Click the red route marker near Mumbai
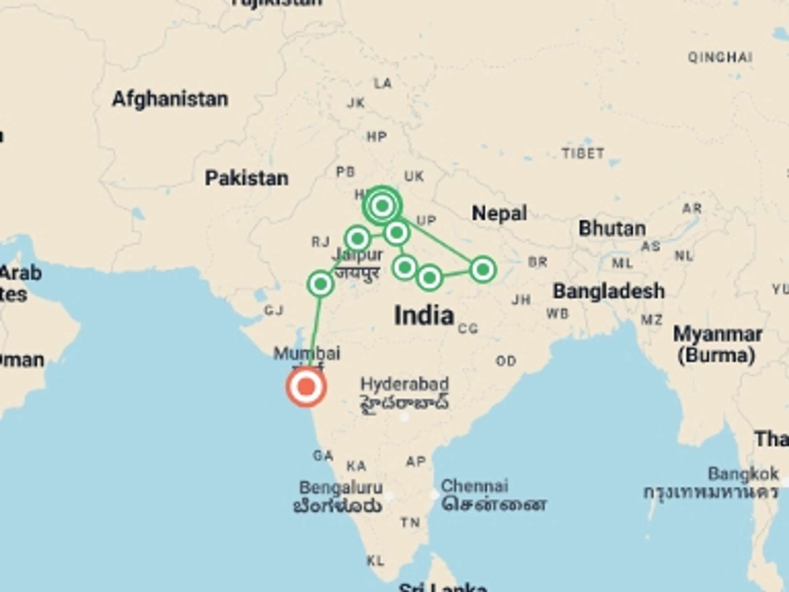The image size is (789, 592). (306, 387)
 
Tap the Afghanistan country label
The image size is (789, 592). (170, 99)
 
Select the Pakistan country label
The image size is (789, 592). (247, 178)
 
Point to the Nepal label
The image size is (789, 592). (499, 213)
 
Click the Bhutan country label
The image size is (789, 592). (612, 229)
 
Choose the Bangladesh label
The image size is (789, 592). (609, 291)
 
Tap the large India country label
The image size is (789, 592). (424, 315)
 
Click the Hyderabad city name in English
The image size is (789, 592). (404, 384)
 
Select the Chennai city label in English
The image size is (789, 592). (474, 486)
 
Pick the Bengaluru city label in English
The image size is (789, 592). (341, 488)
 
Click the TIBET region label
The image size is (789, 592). (583, 154)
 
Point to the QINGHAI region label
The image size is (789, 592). (720, 57)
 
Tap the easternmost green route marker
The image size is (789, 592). (483, 270)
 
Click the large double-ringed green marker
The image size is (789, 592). (382, 206)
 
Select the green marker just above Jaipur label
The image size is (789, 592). (358, 238)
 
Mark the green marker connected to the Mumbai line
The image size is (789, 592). (321, 284)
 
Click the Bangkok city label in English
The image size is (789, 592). (743, 474)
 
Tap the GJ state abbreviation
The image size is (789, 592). (274, 310)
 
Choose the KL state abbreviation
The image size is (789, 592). (375, 560)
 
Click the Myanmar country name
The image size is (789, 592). (717, 335)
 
